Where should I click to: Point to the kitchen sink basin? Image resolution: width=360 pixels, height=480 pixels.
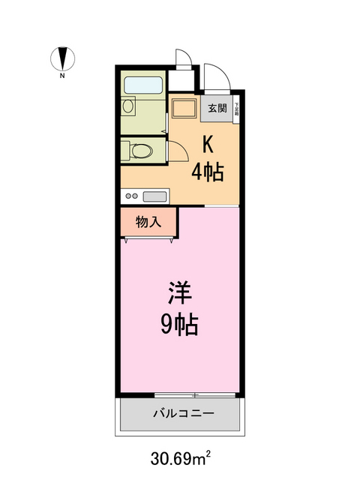[154, 196]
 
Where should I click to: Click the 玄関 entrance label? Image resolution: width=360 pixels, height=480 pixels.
[217, 109]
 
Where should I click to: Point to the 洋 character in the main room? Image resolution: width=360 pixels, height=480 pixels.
[178, 290]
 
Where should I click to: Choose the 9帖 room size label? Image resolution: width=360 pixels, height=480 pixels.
[178, 324]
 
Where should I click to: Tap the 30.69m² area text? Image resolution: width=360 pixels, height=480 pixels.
[180, 456]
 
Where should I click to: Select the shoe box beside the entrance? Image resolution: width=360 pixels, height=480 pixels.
[236, 109]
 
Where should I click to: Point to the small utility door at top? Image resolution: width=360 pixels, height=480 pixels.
[183, 58]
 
